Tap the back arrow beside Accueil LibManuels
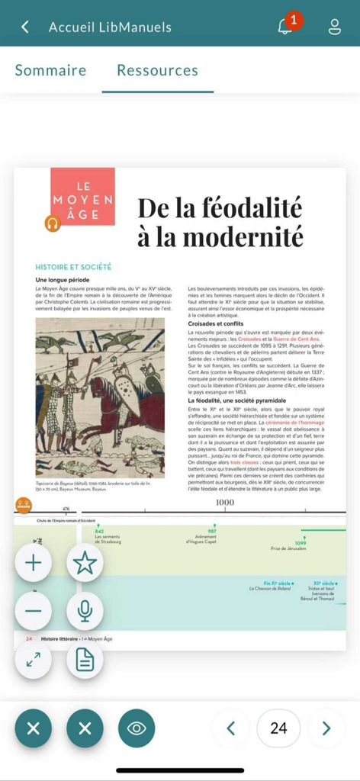(x=25, y=27)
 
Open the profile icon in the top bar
(x=335, y=27)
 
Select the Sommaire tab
(x=50, y=70)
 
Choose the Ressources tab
(x=157, y=70)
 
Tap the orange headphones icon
(x=52, y=223)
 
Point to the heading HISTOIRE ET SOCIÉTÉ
(x=73, y=267)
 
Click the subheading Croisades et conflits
(x=216, y=323)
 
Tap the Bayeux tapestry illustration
(x=100, y=397)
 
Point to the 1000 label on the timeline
(x=225, y=502)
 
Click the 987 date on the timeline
(x=212, y=531)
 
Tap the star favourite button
(x=85, y=563)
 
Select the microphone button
(x=85, y=610)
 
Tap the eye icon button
(x=137, y=728)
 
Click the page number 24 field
(x=278, y=728)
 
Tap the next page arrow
(x=326, y=728)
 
